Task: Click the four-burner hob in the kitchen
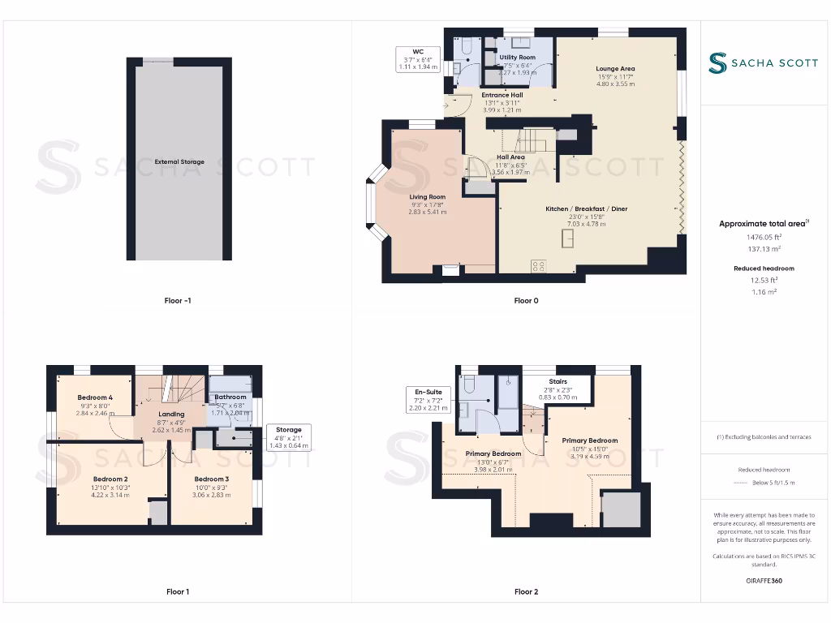538,265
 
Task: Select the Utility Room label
517,58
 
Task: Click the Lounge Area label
614,69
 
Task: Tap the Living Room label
427,196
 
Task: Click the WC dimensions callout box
419,60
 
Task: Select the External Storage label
179,161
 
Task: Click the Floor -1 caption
178,301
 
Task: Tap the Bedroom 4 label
95,397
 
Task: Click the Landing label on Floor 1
171,415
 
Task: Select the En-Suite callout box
428,400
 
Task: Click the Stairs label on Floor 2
558,381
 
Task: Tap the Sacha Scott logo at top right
763,62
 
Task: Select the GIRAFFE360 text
763,581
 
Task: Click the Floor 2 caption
526,592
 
